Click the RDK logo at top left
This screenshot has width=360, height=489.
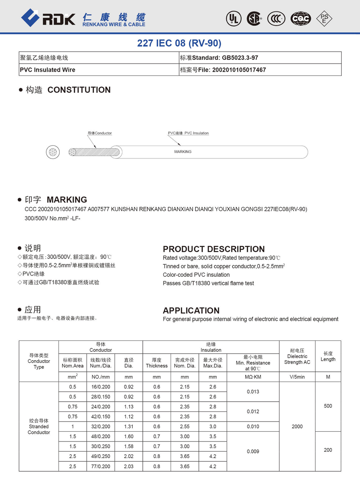[48, 17]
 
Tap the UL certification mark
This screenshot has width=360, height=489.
[233, 18]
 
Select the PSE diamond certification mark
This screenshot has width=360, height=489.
[324, 18]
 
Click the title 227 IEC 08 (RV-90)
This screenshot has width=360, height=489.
[179, 43]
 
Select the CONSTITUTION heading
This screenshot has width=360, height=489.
[79, 90]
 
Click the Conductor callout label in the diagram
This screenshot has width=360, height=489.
[100, 133]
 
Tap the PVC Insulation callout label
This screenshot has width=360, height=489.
[188, 133]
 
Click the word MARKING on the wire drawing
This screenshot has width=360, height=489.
[183, 152]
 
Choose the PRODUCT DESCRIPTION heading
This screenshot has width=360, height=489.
[213, 249]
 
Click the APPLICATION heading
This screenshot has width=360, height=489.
[191, 310]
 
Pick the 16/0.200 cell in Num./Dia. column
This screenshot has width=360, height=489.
[100, 387]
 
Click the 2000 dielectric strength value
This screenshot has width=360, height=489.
[297, 427]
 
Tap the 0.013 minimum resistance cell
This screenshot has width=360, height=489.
[253, 392]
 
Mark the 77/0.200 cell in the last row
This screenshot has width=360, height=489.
[100, 467]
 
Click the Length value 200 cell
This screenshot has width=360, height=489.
[328, 450]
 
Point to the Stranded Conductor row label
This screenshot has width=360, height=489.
[39, 427]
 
